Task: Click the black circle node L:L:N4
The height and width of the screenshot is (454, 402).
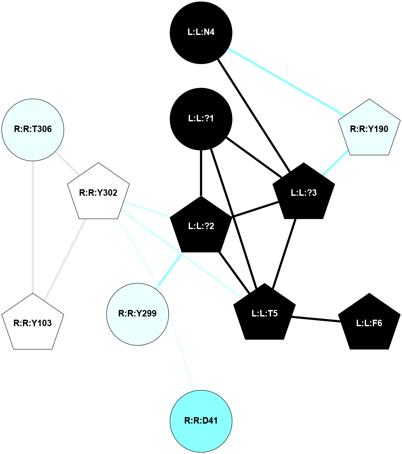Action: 201,32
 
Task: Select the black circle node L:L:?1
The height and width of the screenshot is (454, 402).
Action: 201,119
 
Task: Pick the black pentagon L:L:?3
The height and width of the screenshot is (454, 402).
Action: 303,193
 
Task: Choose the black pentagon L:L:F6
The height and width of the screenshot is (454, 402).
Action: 369,323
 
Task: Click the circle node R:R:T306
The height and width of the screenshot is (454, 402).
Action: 33,129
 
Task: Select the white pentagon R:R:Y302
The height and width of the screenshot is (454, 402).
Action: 98,193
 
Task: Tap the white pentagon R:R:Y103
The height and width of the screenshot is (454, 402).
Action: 33,323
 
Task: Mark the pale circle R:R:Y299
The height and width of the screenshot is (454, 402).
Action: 138,314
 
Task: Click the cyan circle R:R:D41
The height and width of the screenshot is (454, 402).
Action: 201,421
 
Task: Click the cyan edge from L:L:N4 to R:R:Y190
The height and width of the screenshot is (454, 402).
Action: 286,82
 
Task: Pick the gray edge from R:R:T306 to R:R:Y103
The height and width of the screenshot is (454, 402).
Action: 33,227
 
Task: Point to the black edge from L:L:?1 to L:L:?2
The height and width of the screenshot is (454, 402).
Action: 201,173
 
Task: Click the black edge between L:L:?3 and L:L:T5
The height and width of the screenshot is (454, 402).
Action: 285,254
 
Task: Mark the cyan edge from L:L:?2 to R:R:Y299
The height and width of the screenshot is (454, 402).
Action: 169,271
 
